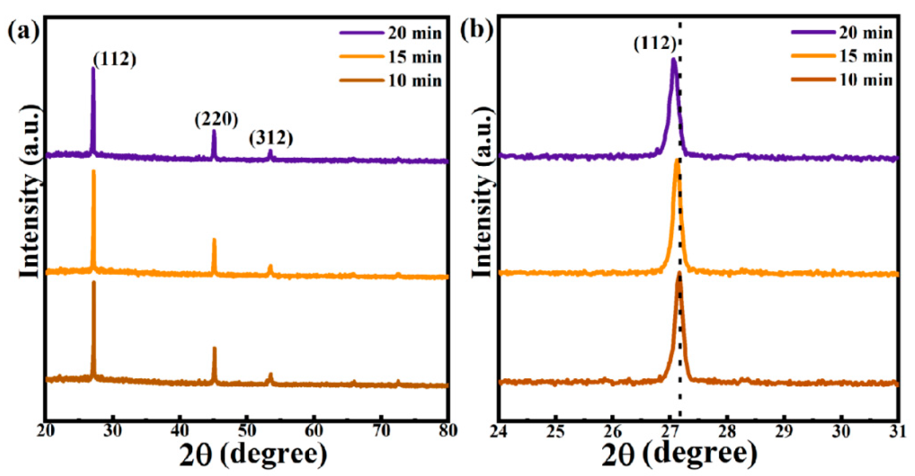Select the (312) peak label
[271, 138]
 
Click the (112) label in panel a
[115, 59]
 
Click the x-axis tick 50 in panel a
[246, 431]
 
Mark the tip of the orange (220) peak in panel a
[214, 239]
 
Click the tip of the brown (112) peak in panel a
[94, 282]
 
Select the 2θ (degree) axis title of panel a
[253, 455]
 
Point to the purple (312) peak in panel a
[270, 151]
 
